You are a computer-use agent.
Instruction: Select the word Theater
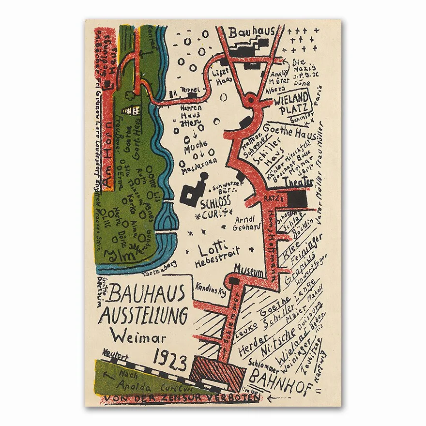click(299, 182)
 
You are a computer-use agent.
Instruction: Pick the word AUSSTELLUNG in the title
click(143, 316)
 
